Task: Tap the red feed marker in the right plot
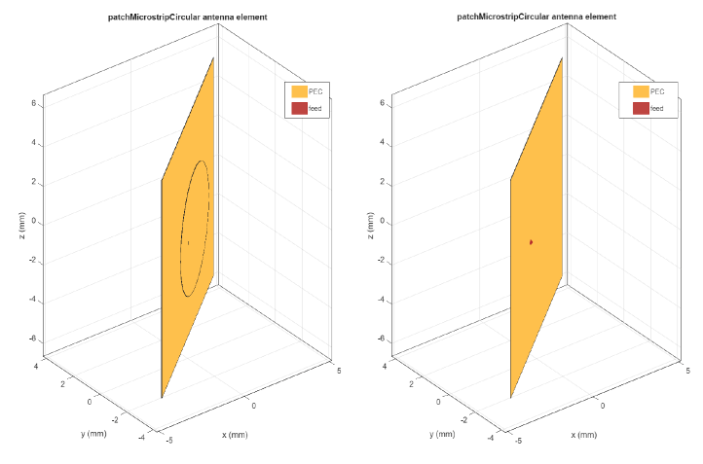531,241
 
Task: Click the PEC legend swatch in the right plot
640,91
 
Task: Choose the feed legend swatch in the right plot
640,108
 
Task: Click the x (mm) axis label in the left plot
238,433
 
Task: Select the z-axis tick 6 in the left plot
33,103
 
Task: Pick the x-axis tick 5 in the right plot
687,371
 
